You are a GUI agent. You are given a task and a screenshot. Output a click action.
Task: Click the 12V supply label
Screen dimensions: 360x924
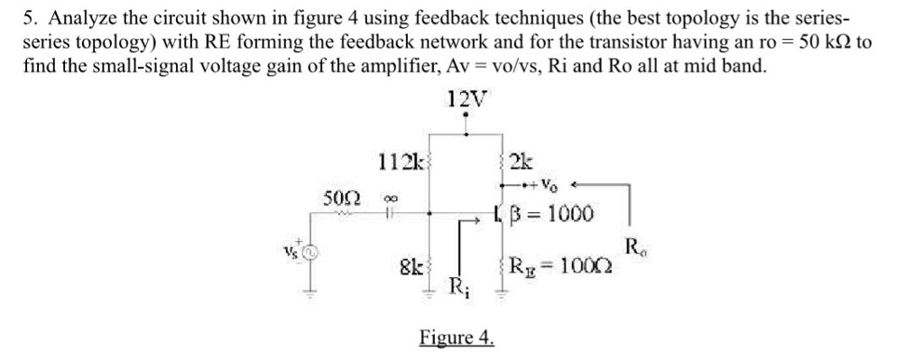[465, 100]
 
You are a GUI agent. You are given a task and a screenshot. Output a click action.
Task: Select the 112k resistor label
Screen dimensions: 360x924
[398, 162]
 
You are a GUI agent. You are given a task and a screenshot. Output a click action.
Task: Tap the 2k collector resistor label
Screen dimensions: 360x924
[522, 162]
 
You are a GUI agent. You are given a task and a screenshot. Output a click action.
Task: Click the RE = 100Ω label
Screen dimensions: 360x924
[559, 266]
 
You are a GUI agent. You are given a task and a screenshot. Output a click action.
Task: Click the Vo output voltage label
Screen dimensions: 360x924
[550, 186]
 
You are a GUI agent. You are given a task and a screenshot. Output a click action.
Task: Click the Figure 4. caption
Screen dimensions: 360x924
[457, 337]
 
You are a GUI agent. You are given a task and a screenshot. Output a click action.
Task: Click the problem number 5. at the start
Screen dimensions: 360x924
[30, 18]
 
